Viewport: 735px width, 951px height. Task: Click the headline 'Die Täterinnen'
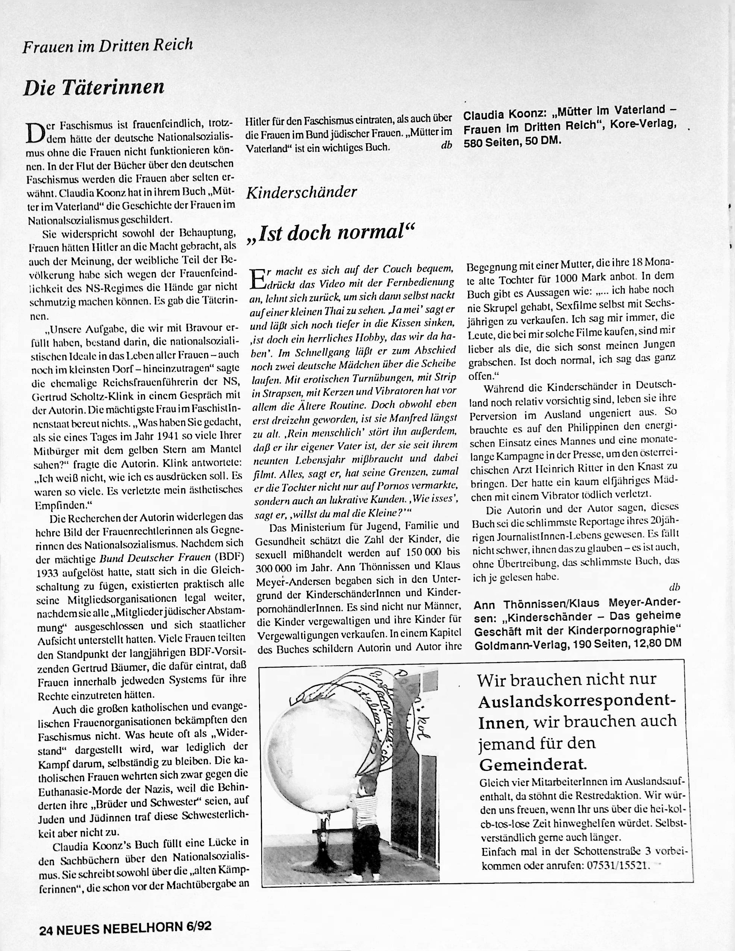click(x=94, y=88)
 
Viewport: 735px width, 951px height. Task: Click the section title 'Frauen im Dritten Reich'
click(x=108, y=45)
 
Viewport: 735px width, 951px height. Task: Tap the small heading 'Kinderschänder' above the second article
click(x=301, y=192)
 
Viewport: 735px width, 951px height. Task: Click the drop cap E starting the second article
click(x=258, y=279)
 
